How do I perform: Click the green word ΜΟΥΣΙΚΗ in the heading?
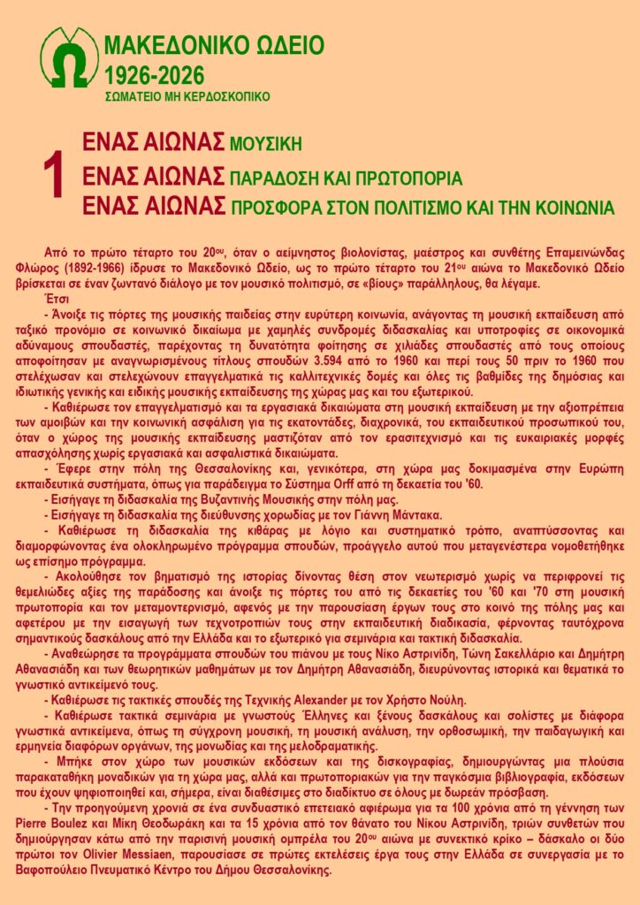click(x=266, y=144)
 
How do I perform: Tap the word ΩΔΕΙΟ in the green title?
click(x=284, y=46)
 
